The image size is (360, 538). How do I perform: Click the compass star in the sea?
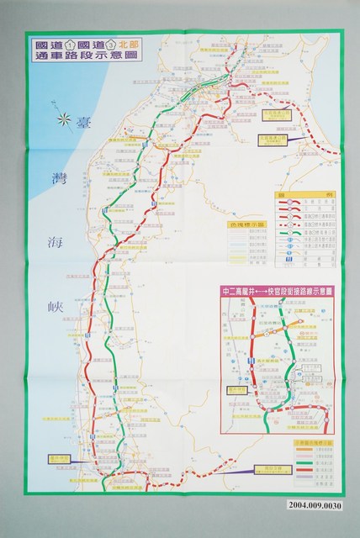(x=63, y=120)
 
